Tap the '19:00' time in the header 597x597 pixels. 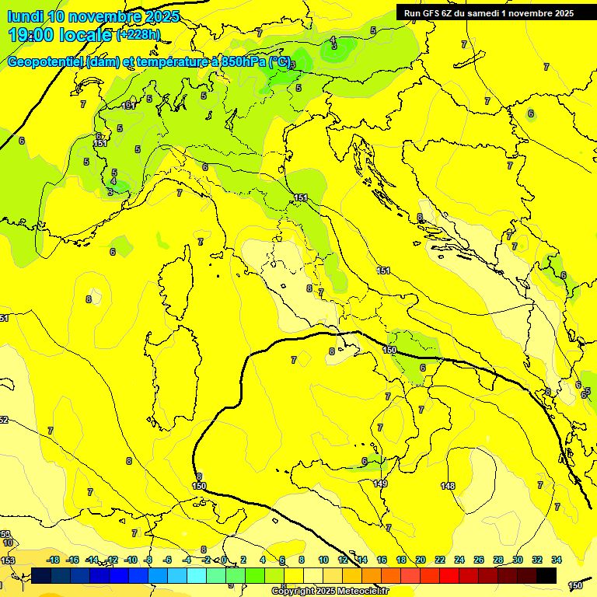click(31, 35)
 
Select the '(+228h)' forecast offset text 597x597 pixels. click(138, 35)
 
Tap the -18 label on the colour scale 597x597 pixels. click(53, 560)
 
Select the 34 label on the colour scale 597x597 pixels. click(557, 560)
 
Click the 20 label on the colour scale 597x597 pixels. click(421, 560)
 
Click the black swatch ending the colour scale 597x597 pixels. click(546, 575)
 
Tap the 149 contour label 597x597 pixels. click(380, 484)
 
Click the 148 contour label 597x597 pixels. click(448, 486)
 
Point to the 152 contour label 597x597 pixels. click(4, 420)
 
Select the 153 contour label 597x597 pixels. click(7, 560)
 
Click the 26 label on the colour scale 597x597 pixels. click(479, 560)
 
